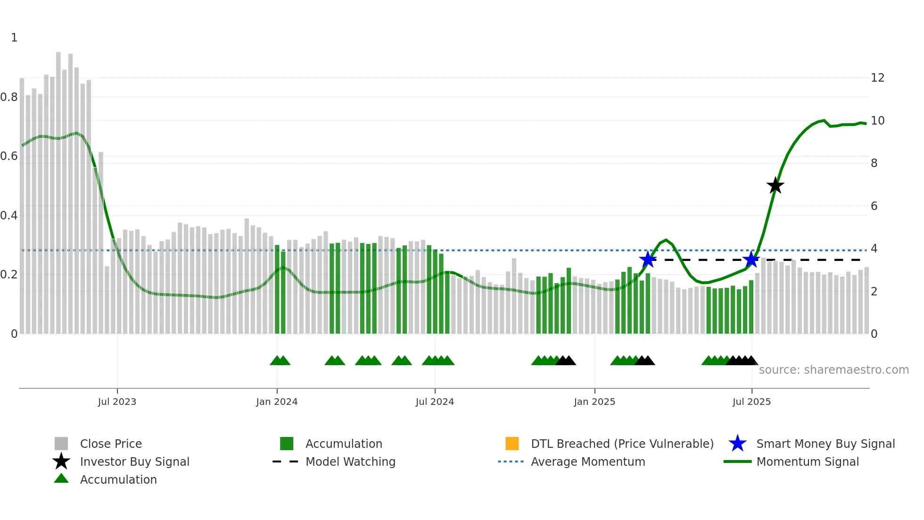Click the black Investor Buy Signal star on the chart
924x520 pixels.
pos(775,185)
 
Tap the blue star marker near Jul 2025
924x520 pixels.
pos(751,260)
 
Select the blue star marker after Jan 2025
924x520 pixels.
pos(648,260)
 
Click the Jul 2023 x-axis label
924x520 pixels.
pos(117,402)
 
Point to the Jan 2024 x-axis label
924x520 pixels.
pos(277,402)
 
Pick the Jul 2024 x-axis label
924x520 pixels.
pos(435,402)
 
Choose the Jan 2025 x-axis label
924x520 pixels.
pos(594,402)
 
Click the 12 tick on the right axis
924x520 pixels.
pos(877,78)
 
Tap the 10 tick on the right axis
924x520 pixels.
pos(877,121)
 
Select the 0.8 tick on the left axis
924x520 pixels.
pos(9,97)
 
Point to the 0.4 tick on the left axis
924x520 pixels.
pos(9,216)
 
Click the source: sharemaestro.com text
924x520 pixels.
pos(833,370)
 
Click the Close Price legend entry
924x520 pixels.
pos(111,444)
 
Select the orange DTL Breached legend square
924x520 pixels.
pos(512,444)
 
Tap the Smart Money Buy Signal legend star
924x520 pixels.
pos(737,444)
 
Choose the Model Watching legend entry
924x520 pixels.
pos(350,461)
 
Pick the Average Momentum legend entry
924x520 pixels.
pos(587,461)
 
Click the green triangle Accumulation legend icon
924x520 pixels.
pos(61,479)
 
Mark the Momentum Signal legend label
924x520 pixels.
pos(808,461)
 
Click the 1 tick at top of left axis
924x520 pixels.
pos(14,38)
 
